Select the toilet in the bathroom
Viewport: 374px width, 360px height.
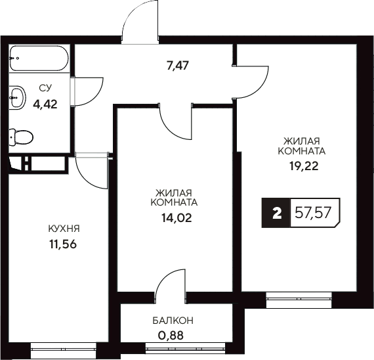pyautogui.click(x=22, y=137)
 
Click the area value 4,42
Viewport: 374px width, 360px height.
pyautogui.click(x=45, y=102)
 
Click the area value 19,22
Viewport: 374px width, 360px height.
pyautogui.click(x=302, y=166)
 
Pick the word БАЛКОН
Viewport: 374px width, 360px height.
pyautogui.click(x=173, y=321)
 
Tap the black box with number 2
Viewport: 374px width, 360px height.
pyautogui.click(x=276, y=213)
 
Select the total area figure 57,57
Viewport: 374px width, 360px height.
pyautogui.click(x=314, y=213)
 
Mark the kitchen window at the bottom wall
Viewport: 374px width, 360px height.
pyautogui.click(x=62, y=351)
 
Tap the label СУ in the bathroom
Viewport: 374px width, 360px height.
pyautogui.click(x=45, y=87)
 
